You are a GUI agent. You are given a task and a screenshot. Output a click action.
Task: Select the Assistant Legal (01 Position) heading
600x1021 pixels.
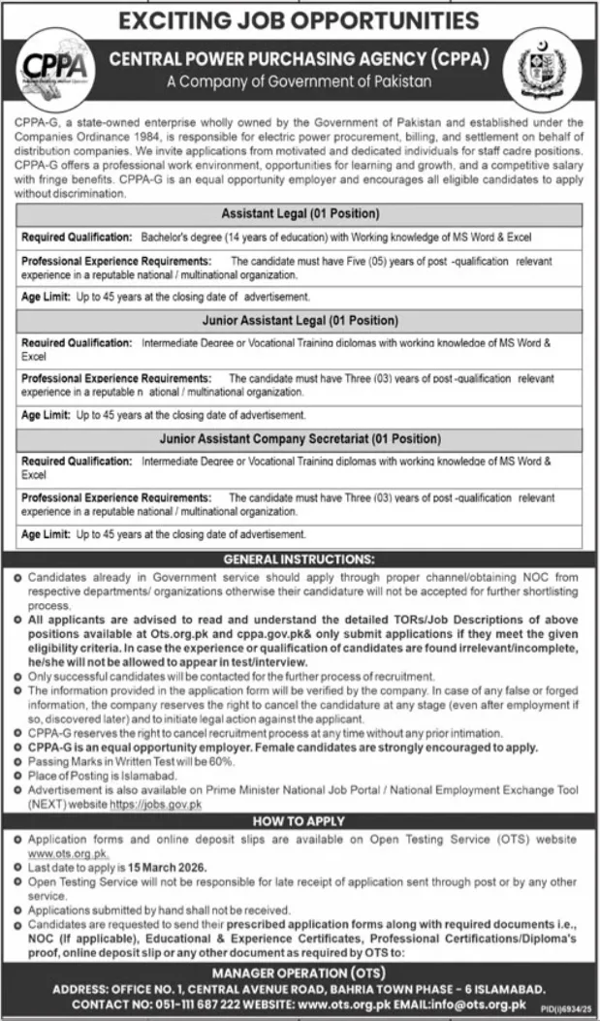point(300,212)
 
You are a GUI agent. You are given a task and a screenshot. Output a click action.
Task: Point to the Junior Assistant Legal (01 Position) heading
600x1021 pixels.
point(300,319)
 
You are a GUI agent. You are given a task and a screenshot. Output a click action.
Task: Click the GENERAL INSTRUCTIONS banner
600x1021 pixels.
point(300,558)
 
